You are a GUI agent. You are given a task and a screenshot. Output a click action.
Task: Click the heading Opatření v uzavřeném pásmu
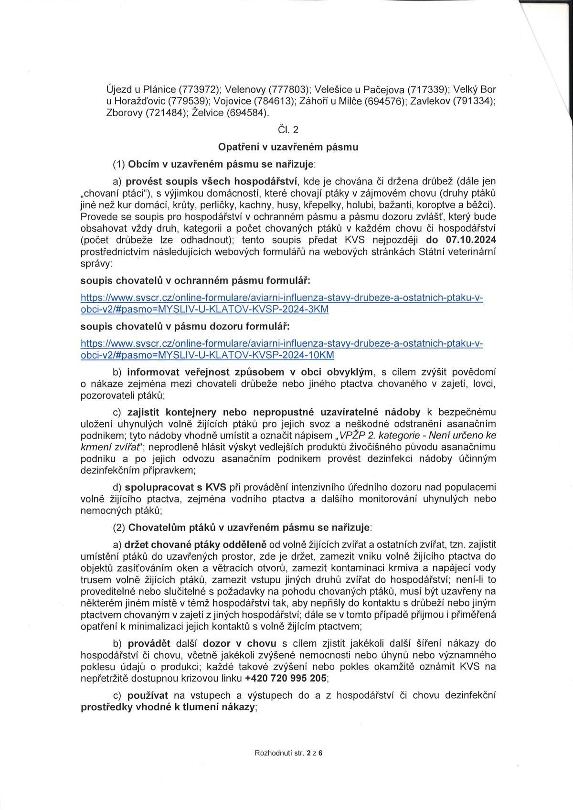[287, 147]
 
